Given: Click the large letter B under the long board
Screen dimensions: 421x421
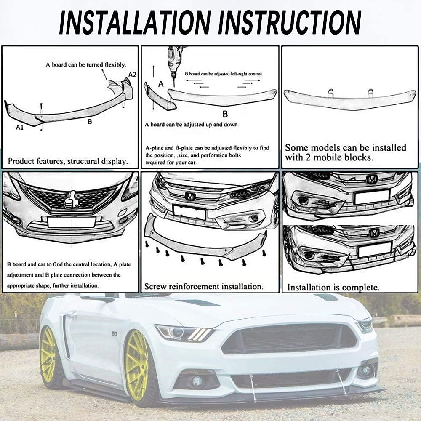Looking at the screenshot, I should coord(224,114).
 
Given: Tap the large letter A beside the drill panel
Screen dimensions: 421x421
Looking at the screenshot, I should coord(160,84).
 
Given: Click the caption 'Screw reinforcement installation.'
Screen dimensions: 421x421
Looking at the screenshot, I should coord(203,287).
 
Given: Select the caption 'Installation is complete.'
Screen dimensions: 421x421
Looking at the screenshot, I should coord(333,288).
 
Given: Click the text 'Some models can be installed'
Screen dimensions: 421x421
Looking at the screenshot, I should coord(345,147).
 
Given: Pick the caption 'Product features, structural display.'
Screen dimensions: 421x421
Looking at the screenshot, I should coord(68,161).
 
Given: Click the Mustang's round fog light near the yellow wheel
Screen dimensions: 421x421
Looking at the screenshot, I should coord(197,381).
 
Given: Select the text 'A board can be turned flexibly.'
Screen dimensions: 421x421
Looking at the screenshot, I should coord(85,65).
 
